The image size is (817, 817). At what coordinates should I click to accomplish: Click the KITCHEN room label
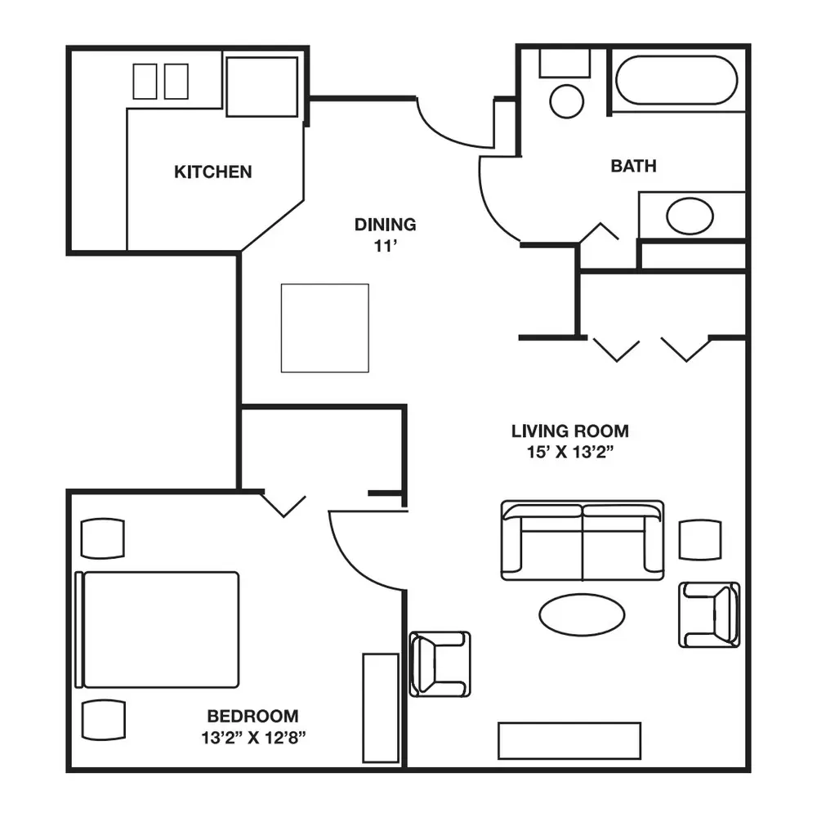(x=212, y=172)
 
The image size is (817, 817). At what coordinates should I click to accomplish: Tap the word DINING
(x=385, y=225)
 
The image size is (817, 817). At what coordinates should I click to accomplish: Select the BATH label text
(x=633, y=166)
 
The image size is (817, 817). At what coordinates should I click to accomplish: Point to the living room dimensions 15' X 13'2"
(x=570, y=452)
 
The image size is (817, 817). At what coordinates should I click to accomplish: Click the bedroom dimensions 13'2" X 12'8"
(x=253, y=737)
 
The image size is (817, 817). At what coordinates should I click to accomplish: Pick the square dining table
(x=324, y=328)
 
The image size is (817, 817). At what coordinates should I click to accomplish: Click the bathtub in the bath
(x=676, y=80)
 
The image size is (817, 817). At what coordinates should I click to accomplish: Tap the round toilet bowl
(x=566, y=101)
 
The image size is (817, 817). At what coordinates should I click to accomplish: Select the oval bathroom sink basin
(x=690, y=216)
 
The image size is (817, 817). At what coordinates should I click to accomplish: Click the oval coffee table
(x=582, y=614)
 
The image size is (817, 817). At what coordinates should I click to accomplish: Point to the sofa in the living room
(x=582, y=540)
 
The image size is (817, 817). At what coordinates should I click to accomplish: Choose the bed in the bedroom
(x=158, y=629)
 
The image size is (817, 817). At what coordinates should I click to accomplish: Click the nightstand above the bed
(x=103, y=538)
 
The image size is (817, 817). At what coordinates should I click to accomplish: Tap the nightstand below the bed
(x=103, y=720)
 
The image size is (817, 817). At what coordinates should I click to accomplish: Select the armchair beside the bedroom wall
(x=440, y=663)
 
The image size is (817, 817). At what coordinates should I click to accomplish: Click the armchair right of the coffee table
(x=709, y=615)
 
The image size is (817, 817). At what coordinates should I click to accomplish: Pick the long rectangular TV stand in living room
(x=569, y=740)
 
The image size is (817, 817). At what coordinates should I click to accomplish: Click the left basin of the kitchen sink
(x=145, y=81)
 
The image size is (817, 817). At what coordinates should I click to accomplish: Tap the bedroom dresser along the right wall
(x=381, y=708)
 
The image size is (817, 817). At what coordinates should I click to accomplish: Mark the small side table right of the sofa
(x=700, y=540)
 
